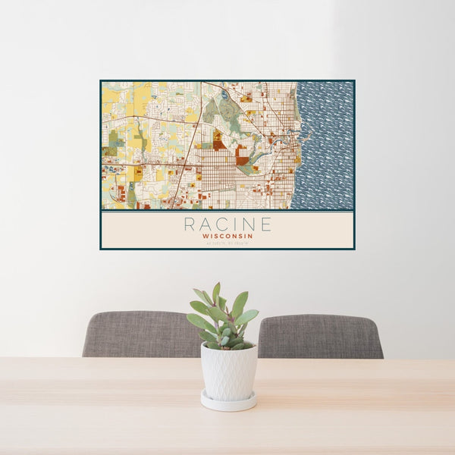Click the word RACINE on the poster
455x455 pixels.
click(x=227, y=224)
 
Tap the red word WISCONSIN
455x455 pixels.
click(x=227, y=236)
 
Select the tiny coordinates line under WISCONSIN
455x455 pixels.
click(x=227, y=242)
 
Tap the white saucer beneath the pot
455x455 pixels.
click(x=228, y=401)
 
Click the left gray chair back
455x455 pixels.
click(x=140, y=334)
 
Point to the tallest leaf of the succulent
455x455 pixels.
click(x=216, y=291)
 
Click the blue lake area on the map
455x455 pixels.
click(x=326, y=144)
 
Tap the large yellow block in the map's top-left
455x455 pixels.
click(x=141, y=95)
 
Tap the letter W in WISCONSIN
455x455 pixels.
click(x=205, y=236)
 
